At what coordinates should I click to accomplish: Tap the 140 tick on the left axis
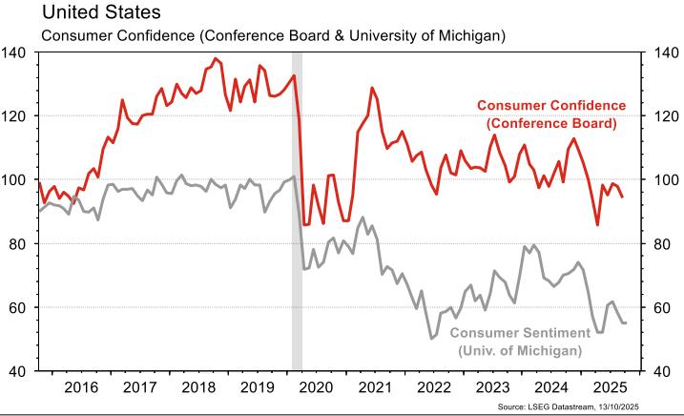(x=17, y=52)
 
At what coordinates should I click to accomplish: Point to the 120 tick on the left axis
(x=17, y=116)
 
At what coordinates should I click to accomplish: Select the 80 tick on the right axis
(x=665, y=244)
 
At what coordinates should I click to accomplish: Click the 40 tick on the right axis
(x=665, y=372)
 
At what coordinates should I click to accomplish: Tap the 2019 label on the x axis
(x=257, y=388)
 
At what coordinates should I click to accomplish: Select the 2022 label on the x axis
(x=433, y=388)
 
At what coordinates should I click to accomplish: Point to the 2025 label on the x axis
(x=609, y=388)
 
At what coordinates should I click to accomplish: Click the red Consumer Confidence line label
(x=550, y=114)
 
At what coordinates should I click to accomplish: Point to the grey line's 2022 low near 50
(x=432, y=338)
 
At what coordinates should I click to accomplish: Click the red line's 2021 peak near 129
(x=371, y=88)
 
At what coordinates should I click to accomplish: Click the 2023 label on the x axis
(x=491, y=388)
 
